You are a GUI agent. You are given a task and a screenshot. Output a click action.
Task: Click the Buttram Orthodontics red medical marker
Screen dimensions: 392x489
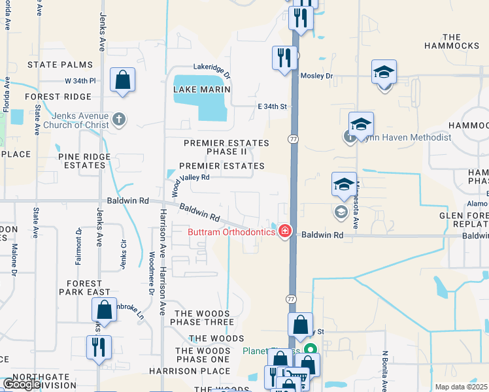click(x=284, y=231)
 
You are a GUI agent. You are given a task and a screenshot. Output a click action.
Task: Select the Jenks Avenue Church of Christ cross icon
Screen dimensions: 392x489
click(x=118, y=120)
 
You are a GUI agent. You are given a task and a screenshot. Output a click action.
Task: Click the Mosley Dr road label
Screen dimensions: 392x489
click(x=316, y=76)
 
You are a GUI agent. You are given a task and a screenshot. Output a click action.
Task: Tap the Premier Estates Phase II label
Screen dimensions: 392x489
click(x=226, y=147)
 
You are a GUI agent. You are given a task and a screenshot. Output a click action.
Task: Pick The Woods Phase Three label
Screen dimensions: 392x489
click(x=203, y=318)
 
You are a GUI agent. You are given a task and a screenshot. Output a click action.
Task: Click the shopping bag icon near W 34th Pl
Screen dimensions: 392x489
click(x=122, y=80)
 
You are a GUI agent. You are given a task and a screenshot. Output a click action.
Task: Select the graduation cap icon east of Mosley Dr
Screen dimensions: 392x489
click(x=384, y=73)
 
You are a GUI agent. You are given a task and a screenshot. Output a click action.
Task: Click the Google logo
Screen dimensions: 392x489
click(x=22, y=384)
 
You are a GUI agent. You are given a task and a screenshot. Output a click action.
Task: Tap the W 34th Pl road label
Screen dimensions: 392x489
click(x=80, y=81)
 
